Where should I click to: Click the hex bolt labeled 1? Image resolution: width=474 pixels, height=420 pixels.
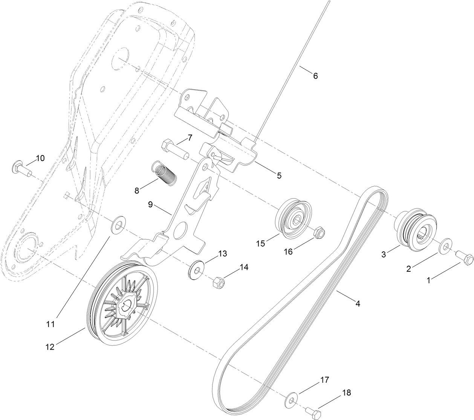tap(464, 259)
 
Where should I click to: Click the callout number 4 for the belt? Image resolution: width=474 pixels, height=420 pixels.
tap(358, 303)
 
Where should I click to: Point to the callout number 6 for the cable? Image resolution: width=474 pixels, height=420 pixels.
tap(315, 76)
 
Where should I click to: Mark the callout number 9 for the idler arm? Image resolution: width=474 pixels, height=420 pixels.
tap(150, 205)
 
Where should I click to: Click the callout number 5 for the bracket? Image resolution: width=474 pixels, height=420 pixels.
tap(279, 175)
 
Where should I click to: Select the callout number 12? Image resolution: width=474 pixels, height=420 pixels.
tap(50, 347)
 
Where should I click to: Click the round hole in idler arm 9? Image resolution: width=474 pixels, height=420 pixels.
tap(181, 229)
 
